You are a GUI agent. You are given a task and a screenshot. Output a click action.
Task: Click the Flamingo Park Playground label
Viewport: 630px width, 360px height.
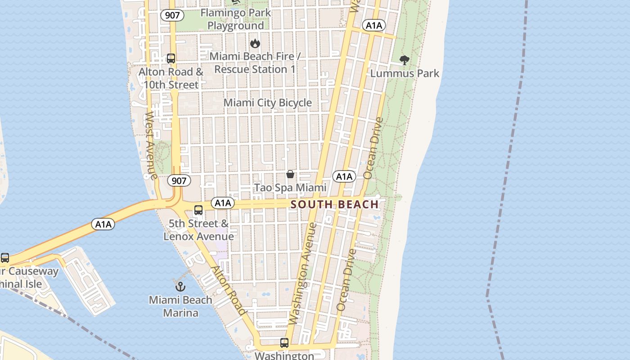235,19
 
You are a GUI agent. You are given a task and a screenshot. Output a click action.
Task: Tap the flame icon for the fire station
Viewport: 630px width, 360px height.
255,43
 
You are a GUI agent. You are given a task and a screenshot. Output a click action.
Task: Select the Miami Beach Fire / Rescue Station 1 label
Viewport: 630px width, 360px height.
255,63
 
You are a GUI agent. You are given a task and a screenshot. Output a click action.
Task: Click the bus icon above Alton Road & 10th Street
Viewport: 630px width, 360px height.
171,58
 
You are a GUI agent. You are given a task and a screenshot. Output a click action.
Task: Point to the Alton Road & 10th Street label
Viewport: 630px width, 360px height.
171,78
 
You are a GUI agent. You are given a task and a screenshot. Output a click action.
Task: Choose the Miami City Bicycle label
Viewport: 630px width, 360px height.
268,103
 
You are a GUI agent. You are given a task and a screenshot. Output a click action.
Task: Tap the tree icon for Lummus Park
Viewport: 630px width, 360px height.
405,60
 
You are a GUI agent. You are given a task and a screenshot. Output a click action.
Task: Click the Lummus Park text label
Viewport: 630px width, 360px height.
405,73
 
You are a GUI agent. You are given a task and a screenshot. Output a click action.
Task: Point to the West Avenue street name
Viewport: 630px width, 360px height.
150,145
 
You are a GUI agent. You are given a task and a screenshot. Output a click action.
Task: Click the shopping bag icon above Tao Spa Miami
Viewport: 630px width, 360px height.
290,174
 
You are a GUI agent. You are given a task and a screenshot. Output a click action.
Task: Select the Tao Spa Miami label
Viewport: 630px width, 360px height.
290,187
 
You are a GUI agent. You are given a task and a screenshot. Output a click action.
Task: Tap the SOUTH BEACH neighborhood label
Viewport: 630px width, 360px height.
334,205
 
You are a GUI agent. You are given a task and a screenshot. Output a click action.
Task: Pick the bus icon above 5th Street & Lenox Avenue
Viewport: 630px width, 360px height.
198,210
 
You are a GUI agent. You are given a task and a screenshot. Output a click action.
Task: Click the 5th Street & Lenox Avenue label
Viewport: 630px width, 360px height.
198,229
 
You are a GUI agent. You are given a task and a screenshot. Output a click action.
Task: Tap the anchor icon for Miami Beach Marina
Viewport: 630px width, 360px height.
180,286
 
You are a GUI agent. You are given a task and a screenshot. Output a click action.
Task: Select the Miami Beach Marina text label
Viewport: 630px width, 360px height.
180,306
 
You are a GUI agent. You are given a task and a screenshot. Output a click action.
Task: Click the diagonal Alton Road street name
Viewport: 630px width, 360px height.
229,290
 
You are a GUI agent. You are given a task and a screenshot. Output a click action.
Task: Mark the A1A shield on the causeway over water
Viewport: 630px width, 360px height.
103,224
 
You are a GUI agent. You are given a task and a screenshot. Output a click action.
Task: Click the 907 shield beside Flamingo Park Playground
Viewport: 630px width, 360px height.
172,15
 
